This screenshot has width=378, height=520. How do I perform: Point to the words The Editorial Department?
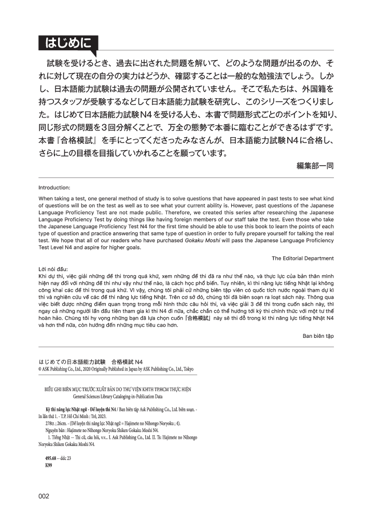(x=303, y=258)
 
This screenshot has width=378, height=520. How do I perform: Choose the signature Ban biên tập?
(x=318, y=336)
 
